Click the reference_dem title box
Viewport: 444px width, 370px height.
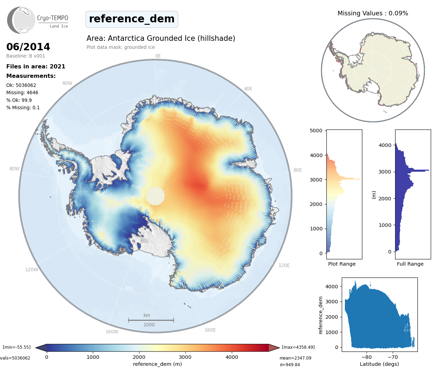[132, 19]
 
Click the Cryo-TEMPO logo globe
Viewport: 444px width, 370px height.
[22, 20]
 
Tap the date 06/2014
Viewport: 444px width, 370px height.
[28, 47]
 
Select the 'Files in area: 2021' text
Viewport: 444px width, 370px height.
[36, 66]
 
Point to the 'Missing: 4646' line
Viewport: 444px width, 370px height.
[22, 92]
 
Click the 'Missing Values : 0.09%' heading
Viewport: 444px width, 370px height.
[372, 13]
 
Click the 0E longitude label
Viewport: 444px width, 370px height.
[158, 56]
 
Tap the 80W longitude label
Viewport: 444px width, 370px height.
[14, 169]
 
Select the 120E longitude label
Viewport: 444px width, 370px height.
[284, 265]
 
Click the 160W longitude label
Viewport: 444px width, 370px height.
[112, 332]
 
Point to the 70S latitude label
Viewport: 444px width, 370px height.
[129, 288]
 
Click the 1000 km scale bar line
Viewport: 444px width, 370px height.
[151, 320]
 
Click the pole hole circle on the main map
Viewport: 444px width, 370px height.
[155, 196]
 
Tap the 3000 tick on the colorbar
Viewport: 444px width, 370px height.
[185, 357]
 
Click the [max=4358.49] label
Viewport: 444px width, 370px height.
[298, 347]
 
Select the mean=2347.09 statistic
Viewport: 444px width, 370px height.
[295, 358]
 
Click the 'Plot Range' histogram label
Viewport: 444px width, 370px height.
[342, 264]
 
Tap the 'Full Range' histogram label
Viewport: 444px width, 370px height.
[410, 264]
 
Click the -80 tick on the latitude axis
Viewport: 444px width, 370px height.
[367, 357]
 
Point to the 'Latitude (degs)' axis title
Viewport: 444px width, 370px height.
[379, 364]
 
